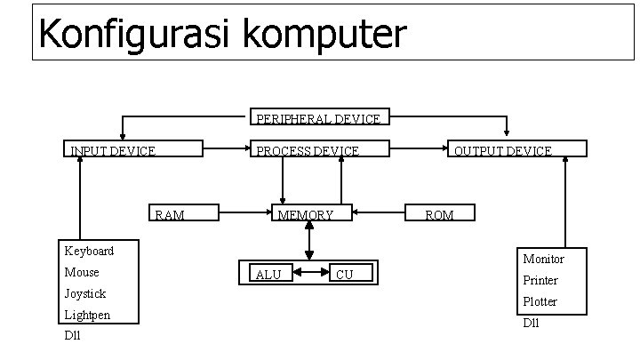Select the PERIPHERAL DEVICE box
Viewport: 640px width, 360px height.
pyautogui.click(x=317, y=117)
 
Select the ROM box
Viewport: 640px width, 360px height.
pyautogui.click(x=439, y=213)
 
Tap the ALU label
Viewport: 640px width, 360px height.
pyautogui.click(x=268, y=274)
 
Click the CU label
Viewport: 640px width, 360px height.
pyautogui.click(x=344, y=274)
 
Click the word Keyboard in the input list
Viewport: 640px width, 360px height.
pyautogui.click(x=88, y=251)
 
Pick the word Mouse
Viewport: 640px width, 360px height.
pyautogui.click(x=82, y=272)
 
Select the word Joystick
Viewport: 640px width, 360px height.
pyautogui.click(x=85, y=293)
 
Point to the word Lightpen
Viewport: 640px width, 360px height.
pyautogui.click(x=88, y=315)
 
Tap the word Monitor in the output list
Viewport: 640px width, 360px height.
pyautogui.click(x=543, y=259)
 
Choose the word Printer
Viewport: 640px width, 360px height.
pyautogui.click(x=540, y=280)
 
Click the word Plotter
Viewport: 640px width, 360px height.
pyautogui.click(x=540, y=301)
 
